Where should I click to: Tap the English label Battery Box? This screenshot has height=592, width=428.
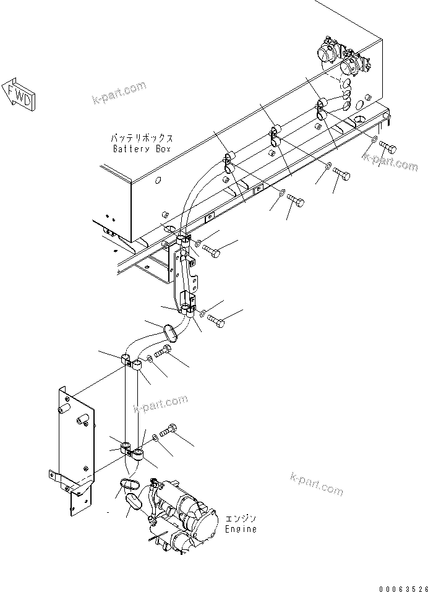[142, 149]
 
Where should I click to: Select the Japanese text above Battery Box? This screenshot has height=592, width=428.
[142, 139]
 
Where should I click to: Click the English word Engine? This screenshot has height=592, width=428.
[241, 530]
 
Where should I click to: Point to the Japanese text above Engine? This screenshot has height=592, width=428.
[241, 518]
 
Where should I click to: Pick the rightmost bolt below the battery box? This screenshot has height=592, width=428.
[388, 148]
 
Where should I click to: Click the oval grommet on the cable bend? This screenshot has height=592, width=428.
[170, 332]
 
